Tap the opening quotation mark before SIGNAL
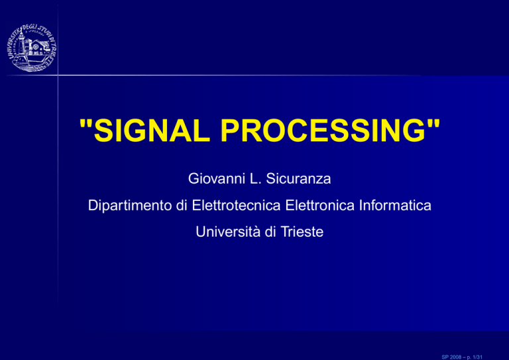(85, 123)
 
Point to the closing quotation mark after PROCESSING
(433, 123)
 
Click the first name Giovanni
(216, 178)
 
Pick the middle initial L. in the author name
(255, 178)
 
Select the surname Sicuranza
(298, 178)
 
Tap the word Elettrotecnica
(236, 206)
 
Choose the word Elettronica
(319, 206)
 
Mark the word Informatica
(395, 206)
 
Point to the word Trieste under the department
(302, 232)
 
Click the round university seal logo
(32, 48)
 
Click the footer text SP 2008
(451, 357)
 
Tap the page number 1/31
(478, 357)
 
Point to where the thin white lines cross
(58, 76)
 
